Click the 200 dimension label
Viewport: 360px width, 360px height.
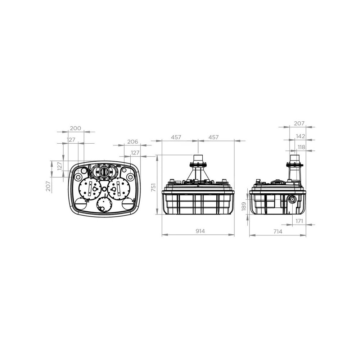tap(76, 128)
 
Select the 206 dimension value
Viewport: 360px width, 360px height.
tap(133, 141)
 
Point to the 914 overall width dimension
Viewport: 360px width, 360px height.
tap(200, 231)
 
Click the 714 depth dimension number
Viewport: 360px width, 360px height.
tap(278, 231)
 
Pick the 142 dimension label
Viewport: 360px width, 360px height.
tap(300, 136)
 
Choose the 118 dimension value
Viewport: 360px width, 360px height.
tap(301, 147)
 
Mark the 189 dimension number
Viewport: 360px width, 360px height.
tap(244, 206)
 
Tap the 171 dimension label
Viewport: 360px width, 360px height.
tap(299, 221)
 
